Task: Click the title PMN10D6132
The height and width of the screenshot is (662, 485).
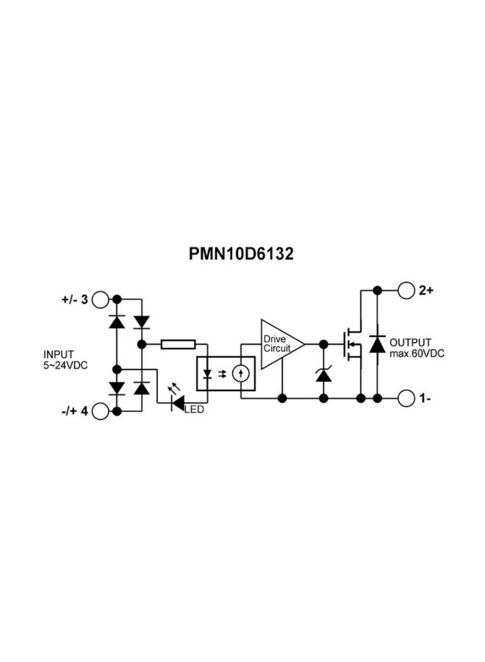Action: coord(242,254)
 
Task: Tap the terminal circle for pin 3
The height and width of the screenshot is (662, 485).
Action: coord(101,299)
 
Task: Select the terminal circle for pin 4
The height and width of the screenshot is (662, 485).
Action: coord(101,411)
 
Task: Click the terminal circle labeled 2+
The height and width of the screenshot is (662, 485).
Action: coord(406,291)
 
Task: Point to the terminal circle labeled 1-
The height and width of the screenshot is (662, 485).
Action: coord(406,399)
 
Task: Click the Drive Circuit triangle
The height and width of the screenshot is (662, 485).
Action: coord(280,344)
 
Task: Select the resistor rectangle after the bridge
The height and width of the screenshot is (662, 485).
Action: coord(178,344)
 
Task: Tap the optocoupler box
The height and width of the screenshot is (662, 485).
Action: coord(226,374)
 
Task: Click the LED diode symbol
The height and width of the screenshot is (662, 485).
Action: coord(177,402)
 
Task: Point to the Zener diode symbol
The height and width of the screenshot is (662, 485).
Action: coord(323,375)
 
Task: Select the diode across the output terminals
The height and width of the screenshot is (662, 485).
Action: coord(377,344)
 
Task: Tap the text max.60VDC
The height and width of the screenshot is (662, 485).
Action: coord(417,354)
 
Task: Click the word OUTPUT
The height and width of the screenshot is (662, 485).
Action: coord(412,343)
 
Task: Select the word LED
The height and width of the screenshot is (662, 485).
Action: coord(195,409)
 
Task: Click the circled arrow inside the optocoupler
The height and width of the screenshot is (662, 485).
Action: coord(240,374)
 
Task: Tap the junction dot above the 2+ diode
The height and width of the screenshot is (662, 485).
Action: coord(377,291)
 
